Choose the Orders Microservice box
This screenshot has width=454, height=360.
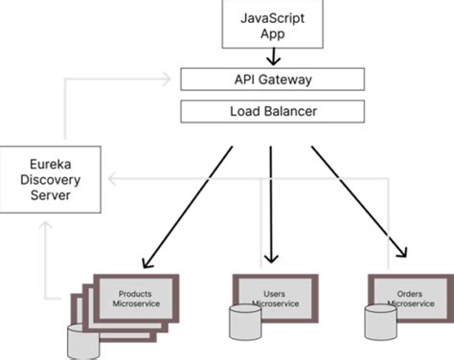click(409, 296)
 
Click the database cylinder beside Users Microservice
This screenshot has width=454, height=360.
click(243, 321)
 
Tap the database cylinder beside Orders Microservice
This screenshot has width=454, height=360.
click(376, 322)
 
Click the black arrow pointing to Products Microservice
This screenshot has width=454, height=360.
click(187, 206)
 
